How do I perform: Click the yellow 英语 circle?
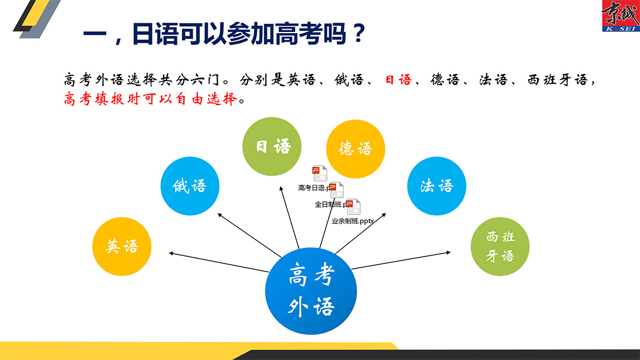[122, 247]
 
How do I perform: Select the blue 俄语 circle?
[190, 186]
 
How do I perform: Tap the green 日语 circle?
[272, 147]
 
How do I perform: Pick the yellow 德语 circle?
[355, 149]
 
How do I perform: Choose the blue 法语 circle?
[437, 186]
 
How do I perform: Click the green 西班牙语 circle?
[500, 247]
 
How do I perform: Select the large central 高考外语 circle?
[311, 291]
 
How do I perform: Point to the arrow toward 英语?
[219, 262]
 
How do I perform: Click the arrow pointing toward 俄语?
[250, 235]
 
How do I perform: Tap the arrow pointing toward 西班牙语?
[401, 261]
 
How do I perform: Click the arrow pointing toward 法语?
[360, 233]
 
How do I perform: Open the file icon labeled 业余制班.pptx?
[354, 206]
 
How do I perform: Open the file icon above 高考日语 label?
[319, 173]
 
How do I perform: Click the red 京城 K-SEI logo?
[621, 16]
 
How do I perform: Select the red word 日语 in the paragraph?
[399, 80]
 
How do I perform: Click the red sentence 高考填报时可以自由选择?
[150, 99]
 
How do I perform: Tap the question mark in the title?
[359, 34]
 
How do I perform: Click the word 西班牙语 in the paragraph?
[557, 80]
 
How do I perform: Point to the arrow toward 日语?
[289, 218]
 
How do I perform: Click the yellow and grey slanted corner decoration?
[37, 19]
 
